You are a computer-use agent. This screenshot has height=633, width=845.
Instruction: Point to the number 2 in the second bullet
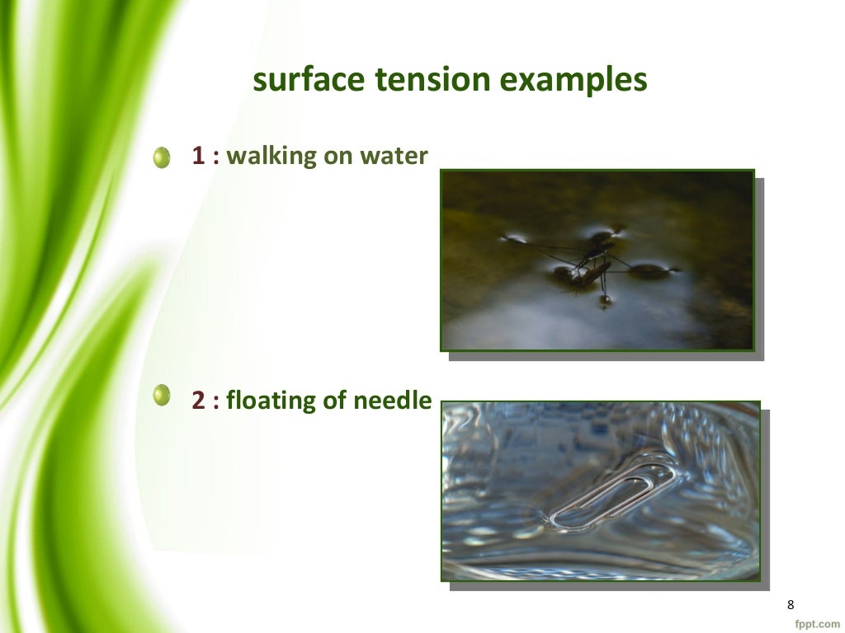coord(198,401)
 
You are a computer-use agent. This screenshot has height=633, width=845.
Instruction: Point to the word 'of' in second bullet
coord(334,401)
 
